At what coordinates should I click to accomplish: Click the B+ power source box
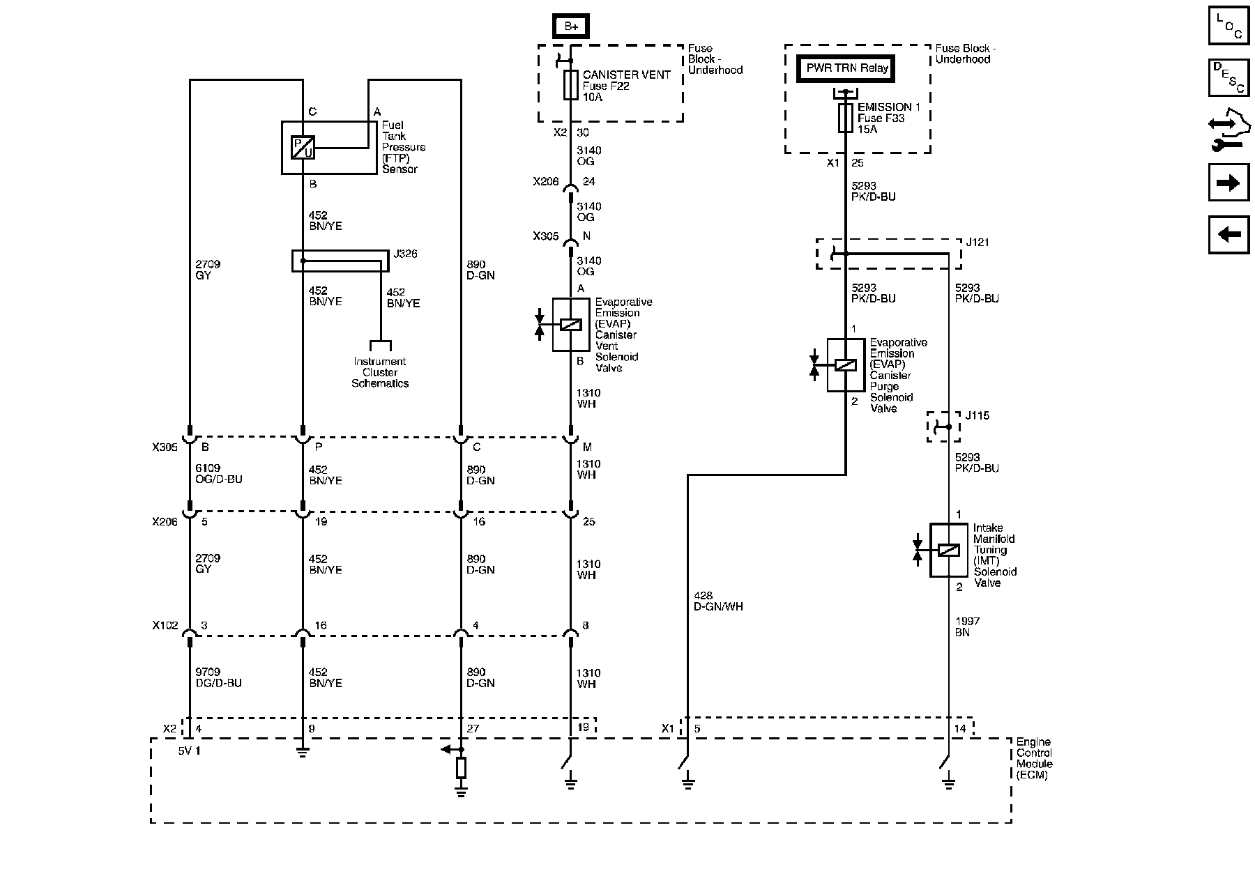coord(571,26)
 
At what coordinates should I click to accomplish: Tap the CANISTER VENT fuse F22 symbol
coord(571,85)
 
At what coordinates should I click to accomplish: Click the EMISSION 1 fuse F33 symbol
coord(846,118)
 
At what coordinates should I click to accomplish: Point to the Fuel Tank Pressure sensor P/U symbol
coord(303,148)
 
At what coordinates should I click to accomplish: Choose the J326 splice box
coord(340,261)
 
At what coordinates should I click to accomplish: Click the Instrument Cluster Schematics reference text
coord(380,372)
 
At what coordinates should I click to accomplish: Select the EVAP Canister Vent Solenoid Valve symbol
coord(571,325)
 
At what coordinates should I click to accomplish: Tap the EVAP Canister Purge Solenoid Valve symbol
coord(846,365)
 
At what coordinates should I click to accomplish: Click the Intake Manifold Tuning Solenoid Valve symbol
coord(948,551)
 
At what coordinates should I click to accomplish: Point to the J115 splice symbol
coord(943,426)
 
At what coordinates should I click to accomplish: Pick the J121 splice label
coord(978,243)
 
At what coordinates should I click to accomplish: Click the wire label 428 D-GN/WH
coord(718,601)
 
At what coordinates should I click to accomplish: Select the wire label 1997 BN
coord(968,626)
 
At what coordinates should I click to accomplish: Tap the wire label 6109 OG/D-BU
coord(219,475)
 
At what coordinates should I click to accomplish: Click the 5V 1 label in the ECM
coord(188,751)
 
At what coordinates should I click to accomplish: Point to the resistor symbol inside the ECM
coord(461,769)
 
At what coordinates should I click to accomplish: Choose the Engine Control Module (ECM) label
coord(1033,758)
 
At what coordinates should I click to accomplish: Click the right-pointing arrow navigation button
coord(1229,183)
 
